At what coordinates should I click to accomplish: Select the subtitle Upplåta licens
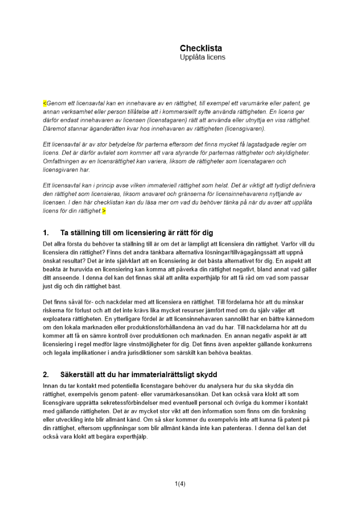(x=202, y=58)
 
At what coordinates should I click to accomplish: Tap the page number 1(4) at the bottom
(x=180, y=484)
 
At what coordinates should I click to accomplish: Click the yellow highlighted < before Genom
(x=44, y=103)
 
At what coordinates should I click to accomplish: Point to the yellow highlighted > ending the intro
(x=104, y=211)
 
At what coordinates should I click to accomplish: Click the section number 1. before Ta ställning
(x=46, y=233)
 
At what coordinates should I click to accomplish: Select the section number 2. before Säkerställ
(x=46, y=375)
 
